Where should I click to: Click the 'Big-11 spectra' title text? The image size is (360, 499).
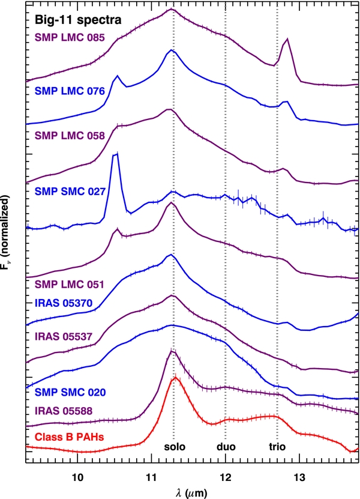click(78, 20)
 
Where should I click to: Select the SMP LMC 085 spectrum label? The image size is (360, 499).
click(70, 38)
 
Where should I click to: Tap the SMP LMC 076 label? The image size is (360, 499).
click(70, 91)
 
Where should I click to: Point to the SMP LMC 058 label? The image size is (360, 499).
click(70, 136)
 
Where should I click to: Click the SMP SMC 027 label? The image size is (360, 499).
click(70, 192)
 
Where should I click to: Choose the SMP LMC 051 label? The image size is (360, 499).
click(70, 284)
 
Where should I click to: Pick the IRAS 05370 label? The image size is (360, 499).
click(63, 303)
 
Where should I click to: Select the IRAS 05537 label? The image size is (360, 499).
click(63, 336)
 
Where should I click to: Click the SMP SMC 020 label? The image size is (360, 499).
click(70, 392)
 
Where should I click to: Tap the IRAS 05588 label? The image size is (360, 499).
click(63, 411)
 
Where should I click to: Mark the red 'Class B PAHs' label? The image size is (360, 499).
click(70, 437)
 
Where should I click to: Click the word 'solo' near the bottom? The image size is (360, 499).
click(175, 447)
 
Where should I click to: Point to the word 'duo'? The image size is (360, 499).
click(226, 447)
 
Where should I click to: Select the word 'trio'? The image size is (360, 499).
click(277, 447)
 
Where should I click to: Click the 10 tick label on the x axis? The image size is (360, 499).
click(77, 477)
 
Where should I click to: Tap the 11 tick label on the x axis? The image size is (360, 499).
click(152, 477)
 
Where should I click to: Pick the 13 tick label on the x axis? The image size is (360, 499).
click(299, 477)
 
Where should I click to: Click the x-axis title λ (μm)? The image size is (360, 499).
click(191, 493)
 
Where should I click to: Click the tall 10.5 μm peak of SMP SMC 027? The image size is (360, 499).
click(115, 155)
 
